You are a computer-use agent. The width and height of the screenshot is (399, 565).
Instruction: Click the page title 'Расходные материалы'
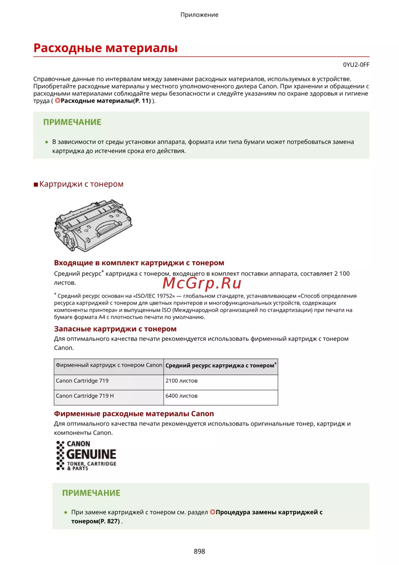coord(105,48)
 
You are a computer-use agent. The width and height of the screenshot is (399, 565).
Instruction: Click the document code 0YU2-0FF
coord(356,65)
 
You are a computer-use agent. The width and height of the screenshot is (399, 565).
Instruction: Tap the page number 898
coord(199,551)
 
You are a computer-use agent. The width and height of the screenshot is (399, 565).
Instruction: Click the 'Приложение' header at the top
coord(199,15)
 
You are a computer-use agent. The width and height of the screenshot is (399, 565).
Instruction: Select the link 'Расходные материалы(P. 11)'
coord(105,101)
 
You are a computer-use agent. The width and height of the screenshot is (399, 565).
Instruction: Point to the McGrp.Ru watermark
coord(202,283)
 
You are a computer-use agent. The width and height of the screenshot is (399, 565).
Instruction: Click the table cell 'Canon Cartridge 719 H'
coord(85,396)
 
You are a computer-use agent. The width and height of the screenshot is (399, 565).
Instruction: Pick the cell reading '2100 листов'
coord(182,381)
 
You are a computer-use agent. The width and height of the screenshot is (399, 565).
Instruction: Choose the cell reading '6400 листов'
coord(182,396)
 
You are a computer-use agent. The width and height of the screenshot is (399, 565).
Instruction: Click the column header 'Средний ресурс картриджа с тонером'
coord(220,366)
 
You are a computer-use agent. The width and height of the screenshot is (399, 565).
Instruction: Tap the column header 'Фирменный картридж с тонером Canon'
coord(109,365)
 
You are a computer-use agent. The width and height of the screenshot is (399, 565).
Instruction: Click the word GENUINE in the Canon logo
coord(91,454)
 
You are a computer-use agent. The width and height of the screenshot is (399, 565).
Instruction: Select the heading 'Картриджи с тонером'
coord(81,184)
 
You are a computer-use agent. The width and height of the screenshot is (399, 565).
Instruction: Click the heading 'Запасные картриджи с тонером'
coord(115,329)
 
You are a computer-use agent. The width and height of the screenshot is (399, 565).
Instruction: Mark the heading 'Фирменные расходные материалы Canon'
coord(134,414)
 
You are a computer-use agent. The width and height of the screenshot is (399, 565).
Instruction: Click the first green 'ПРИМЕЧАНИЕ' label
coord(72,122)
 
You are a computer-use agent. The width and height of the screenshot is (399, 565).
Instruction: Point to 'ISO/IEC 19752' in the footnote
coord(154,296)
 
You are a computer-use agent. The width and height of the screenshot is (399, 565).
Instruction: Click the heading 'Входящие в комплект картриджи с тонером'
coord(139,263)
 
